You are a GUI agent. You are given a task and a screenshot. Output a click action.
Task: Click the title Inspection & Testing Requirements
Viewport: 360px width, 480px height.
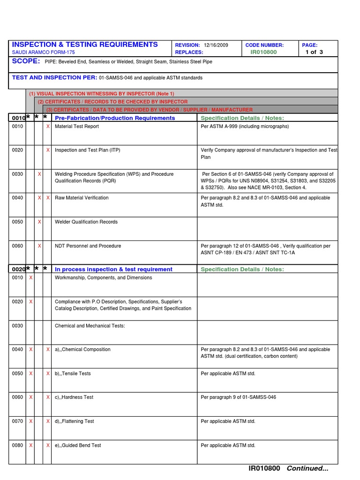[x=85, y=45]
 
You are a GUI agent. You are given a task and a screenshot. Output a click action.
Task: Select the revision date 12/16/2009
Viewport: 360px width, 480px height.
[x=216, y=45]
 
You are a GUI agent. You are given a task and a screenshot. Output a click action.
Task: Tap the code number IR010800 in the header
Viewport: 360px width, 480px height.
[x=263, y=52]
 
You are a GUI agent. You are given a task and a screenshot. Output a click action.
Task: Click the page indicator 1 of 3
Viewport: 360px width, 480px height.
[x=314, y=52]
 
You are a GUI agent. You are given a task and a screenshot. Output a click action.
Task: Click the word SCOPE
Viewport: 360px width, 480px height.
[x=26, y=61]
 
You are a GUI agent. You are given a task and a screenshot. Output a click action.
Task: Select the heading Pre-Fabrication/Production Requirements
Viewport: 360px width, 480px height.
[x=115, y=118]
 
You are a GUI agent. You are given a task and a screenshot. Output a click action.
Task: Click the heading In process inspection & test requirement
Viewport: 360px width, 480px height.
[x=113, y=270]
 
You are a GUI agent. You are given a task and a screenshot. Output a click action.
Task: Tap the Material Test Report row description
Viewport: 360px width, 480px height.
[x=77, y=127]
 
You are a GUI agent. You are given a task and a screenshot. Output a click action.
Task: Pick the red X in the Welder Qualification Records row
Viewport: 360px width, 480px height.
[x=39, y=222]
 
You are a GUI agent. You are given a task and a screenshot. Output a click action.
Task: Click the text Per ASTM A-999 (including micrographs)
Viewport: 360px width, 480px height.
[x=245, y=127]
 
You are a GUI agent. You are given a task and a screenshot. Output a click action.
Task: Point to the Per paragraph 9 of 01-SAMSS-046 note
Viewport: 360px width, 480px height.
[x=238, y=397]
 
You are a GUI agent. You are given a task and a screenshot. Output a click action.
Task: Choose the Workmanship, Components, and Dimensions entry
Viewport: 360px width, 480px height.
[x=103, y=278]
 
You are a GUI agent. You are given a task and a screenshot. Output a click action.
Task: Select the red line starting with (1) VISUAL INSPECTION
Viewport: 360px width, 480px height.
[x=101, y=94]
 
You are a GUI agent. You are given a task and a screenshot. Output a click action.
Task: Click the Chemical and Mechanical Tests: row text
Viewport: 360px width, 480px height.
[x=90, y=326]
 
